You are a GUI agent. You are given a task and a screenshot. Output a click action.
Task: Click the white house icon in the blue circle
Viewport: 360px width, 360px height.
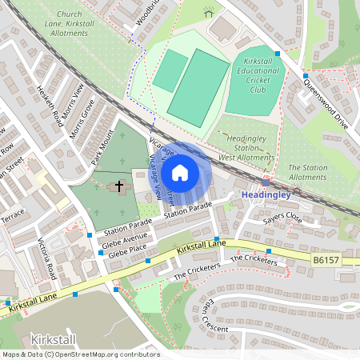180,172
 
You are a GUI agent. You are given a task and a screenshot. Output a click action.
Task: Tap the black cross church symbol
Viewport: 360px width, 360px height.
119,186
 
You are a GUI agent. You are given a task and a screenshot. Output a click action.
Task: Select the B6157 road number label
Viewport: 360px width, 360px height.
326,260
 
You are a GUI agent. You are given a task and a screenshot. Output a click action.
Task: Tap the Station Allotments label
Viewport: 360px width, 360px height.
307,172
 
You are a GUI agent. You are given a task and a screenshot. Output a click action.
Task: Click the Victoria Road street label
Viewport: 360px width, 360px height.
47,258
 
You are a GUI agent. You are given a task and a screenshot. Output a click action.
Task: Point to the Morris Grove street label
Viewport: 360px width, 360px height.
83,118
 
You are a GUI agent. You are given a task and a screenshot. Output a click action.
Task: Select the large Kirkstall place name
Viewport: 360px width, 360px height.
54,338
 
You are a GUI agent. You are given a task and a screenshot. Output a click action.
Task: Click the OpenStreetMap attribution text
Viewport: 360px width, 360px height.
80,354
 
